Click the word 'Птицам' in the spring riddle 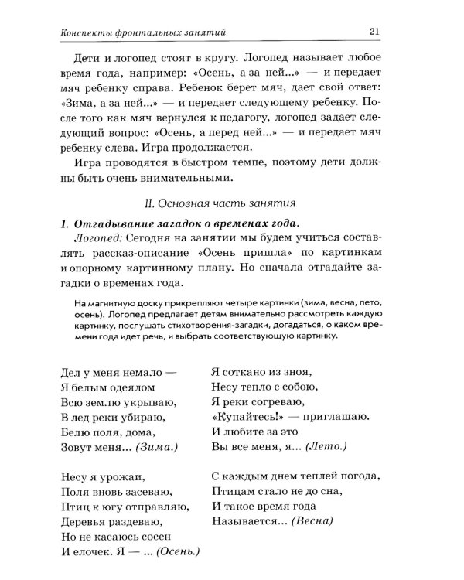pos(230,491)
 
